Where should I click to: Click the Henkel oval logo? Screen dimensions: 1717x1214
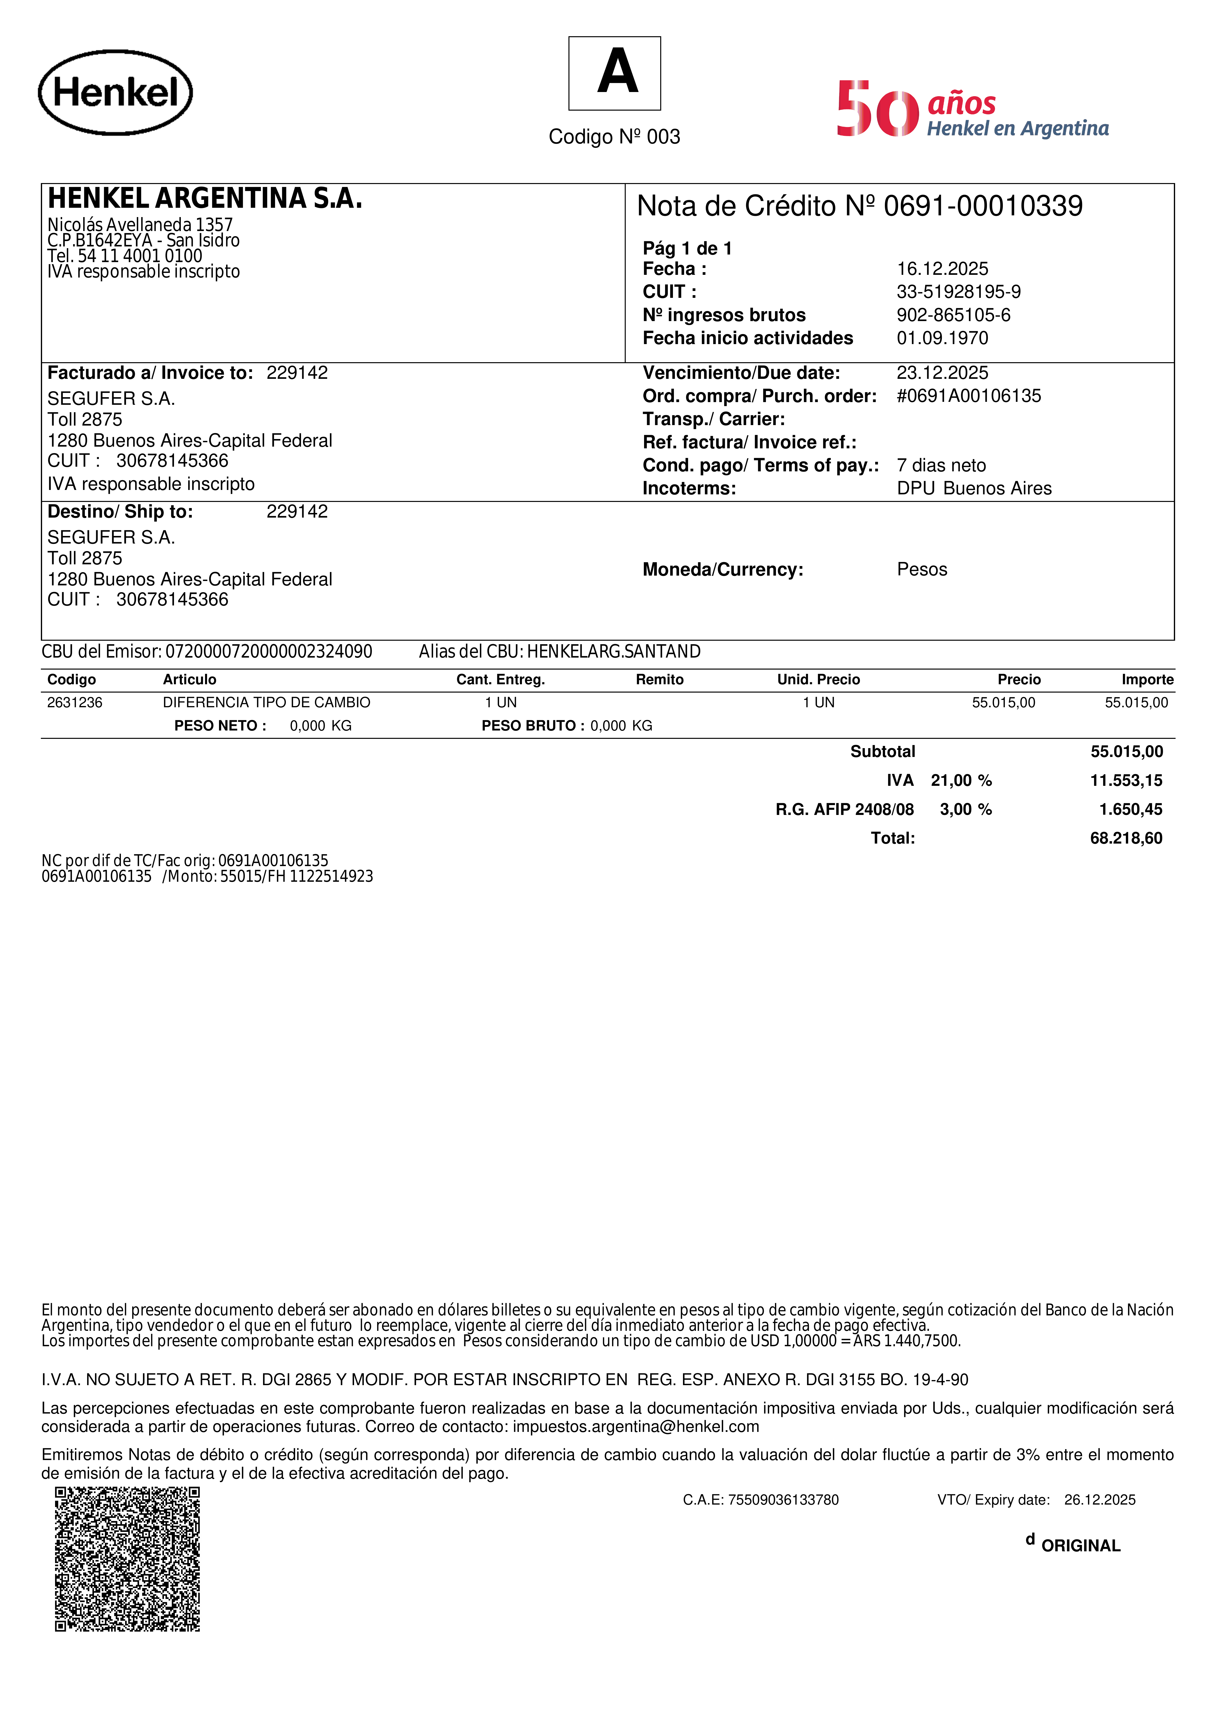[x=115, y=93]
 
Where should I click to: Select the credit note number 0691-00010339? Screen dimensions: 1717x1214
[x=983, y=206]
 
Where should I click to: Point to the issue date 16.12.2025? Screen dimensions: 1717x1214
[x=942, y=268]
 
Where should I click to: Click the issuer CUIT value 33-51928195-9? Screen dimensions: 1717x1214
[x=958, y=292]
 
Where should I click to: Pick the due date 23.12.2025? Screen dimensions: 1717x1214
[x=942, y=372]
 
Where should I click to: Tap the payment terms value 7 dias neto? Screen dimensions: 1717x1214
[x=941, y=465]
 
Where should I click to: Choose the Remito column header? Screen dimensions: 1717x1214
[x=659, y=679]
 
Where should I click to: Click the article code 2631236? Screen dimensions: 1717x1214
[x=75, y=702]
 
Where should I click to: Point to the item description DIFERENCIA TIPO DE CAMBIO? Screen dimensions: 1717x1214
[x=266, y=702]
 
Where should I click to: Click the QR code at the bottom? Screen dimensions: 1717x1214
[x=127, y=1559]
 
